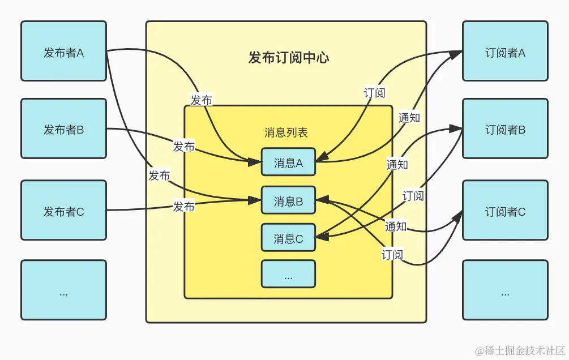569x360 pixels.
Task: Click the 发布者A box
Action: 63,52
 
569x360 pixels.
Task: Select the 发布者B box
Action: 63,129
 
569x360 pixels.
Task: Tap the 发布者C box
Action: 63,211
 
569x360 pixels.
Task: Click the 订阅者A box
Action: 505,52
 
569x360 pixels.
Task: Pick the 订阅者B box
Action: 505,129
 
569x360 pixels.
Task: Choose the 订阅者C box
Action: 505,211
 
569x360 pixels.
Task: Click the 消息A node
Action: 288,162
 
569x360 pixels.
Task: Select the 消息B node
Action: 288,200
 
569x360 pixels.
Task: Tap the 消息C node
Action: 288,238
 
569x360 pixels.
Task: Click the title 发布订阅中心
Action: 288,57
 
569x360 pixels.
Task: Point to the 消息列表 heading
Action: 286,132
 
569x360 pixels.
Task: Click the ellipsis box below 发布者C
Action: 63,293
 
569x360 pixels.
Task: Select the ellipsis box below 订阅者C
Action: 505,293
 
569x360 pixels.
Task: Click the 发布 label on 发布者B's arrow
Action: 183,147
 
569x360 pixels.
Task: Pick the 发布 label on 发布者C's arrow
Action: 183,207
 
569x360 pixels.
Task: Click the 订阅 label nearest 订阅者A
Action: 374,93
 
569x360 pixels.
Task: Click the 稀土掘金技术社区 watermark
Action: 520,350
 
